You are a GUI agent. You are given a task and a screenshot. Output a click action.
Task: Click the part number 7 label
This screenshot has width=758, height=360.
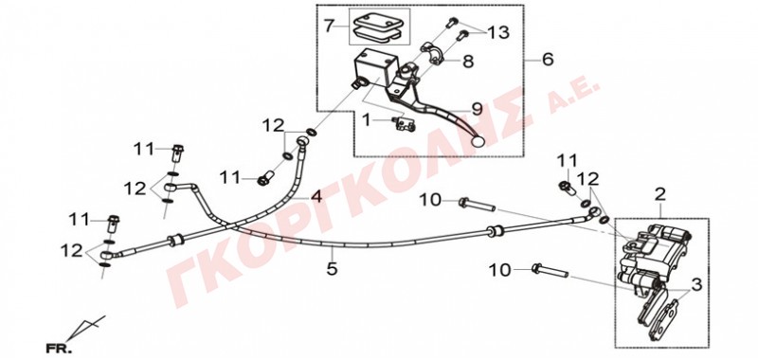click(329, 26)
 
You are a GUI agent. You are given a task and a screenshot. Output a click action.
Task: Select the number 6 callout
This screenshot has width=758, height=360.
click(548, 60)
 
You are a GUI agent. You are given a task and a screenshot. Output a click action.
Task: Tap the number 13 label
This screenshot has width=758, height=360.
click(498, 33)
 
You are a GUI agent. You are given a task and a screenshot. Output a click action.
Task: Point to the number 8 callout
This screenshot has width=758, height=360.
click(467, 62)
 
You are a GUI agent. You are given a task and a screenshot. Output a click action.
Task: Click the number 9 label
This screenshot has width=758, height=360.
click(478, 109)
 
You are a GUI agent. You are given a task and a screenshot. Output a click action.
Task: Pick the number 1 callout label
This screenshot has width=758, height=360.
click(367, 119)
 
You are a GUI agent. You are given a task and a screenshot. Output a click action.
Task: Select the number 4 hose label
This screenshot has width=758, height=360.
click(316, 197)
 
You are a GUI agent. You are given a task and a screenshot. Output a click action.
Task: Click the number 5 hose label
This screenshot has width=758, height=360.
click(332, 268)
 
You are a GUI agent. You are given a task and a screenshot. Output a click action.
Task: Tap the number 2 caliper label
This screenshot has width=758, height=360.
click(660, 195)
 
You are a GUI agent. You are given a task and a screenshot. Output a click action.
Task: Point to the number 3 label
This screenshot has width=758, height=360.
click(696, 285)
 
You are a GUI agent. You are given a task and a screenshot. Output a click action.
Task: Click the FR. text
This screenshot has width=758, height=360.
click(59, 348)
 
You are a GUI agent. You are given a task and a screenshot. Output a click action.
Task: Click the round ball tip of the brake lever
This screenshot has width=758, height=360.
click(478, 141)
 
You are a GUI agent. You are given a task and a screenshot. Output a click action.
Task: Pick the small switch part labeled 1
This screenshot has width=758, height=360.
click(406, 125)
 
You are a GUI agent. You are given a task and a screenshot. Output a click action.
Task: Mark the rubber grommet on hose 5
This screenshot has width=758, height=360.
click(494, 231)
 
